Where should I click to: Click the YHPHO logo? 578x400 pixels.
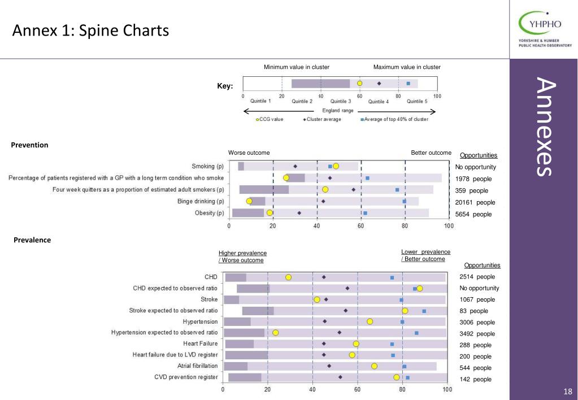click(x=545, y=29)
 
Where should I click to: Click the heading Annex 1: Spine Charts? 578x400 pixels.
click(x=90, y=31)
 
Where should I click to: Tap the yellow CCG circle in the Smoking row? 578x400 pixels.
click(x=336, y=166)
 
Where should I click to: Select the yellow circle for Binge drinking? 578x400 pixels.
click(x=249, y=201)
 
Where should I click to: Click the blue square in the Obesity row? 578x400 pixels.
click(x=365, y=213)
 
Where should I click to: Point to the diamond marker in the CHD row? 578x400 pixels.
click(x=324, y=277)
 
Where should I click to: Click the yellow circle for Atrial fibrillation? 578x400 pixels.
click(x=374, y=366)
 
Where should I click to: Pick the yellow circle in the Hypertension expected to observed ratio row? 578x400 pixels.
click(x=275, y=333)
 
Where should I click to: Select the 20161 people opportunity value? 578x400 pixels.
click(x=475, y=202)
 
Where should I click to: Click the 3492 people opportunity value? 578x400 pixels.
click(x=477, y=334)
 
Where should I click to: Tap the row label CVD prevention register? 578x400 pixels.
click(x=186, y=377)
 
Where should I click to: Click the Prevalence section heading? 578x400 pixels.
click(x=32, y=240)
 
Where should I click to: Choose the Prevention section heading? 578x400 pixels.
click(x=29, y=145)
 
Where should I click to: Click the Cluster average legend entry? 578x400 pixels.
click(x=322, y=119)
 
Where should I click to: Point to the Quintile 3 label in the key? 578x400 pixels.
click(x=341, y=101)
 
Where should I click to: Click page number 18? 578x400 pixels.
click(x=568, y=392)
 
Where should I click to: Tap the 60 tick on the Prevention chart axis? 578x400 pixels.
click(x=361, y=226)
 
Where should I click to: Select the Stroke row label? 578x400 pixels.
click(x=209, y=299)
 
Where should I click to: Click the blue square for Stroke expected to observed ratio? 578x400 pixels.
click(x=424, y=311)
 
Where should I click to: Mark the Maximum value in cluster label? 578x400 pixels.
click(x=407, y=67)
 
